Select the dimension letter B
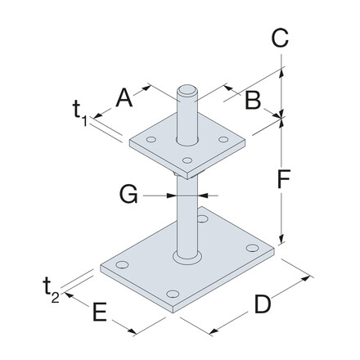[253, 101]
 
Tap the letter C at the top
[280, 36]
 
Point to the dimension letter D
[262, 305]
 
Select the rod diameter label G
[127, 195]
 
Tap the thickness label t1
[80, 112]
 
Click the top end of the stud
[187, 84]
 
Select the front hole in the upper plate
[187, 160]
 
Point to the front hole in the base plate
[172, 294]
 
